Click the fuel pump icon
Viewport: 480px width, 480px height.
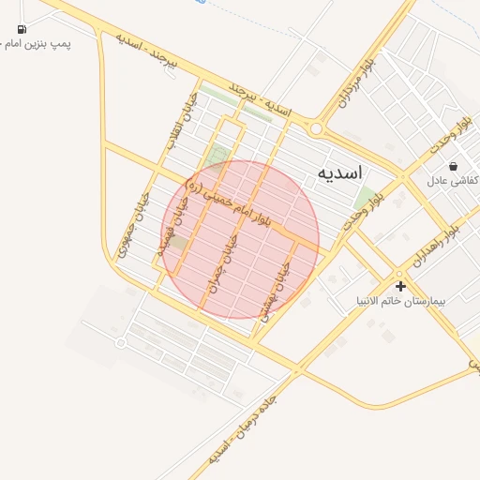(22, 28)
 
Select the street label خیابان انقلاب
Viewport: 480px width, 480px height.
(177, 119)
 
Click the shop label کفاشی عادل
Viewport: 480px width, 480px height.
(455, 179)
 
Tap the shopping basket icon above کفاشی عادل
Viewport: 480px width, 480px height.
(455, 165)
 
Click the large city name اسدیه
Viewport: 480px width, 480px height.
(340, 173)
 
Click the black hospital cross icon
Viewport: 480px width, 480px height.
(400, 286)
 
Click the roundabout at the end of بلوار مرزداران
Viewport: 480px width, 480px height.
(317, 129)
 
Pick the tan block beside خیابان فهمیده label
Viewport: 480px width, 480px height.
(177, 241)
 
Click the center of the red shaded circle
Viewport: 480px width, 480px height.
(240, 239)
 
